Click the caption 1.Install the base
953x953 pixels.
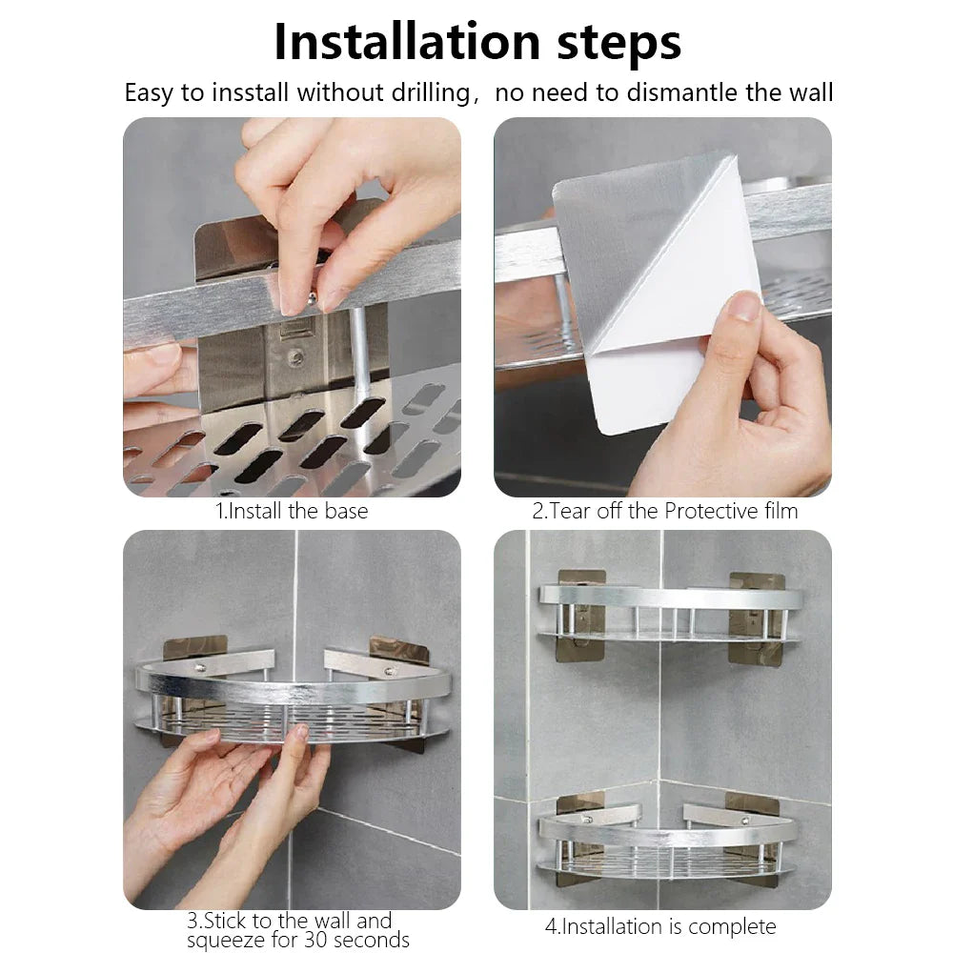point(292,511)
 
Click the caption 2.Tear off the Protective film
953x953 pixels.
point(664,511)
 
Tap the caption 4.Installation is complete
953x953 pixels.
point(659,926)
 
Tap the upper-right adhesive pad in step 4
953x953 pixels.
point(757,619)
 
